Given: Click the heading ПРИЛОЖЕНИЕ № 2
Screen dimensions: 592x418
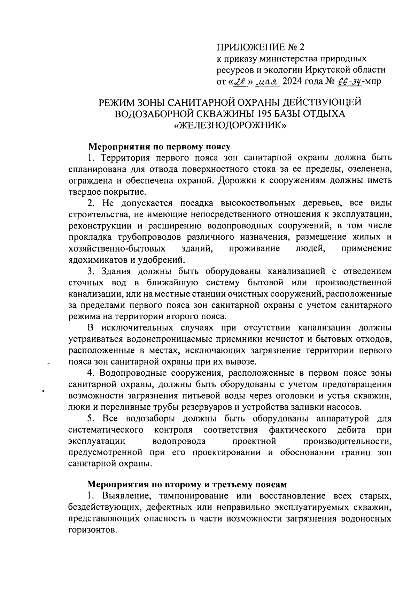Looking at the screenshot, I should [x=261, y=47].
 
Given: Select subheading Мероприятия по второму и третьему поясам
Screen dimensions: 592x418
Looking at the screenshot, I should [x=187, y=485].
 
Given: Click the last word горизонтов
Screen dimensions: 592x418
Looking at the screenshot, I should [x=92, y=530].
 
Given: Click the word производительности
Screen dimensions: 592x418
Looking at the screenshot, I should [x=347, y=441].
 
